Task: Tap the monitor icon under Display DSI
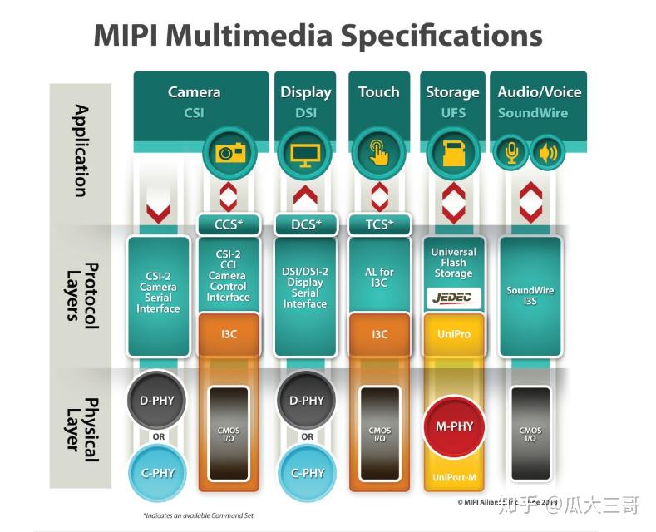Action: pyautogui.click(x=304, y=153)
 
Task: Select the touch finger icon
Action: pyautogui.click(x=379, y=153)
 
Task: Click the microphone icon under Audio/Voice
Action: pyautogui.click(x=511, y=153)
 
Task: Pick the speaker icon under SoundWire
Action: pyautogui.click(x=547, y=153)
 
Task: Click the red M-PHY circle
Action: pyautogui.click(x=454, y=426)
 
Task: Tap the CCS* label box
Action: pyautogui.click(x=228, y=224)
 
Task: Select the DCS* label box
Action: pyautogui.click(x=304, y=224)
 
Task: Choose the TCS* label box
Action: pyautogui.click(x=379, y=224)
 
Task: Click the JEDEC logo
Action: pyautogui.click(x=454, y=298)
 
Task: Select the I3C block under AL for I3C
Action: pyautogui.click(x=379, y=333)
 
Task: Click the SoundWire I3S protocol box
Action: pyautogui.click(x=530, y=296)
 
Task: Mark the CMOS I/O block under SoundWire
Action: pyautogui.click(x=530, y=434)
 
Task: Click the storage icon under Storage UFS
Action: pyautogui.click(x=454, y=153)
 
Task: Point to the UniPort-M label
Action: pyautogui.click(x=454, y=478)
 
